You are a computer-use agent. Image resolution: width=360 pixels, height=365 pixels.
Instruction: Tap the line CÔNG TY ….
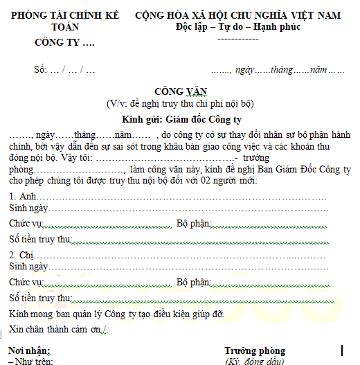[64, 43]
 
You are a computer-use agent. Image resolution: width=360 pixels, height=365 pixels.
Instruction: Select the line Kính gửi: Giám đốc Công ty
[181, 118]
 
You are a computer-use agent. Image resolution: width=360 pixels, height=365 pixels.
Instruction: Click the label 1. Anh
[20, 197]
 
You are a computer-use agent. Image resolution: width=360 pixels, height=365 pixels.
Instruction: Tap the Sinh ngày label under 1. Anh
[28, 208]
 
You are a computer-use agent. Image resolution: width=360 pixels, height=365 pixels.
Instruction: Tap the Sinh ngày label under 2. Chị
[28, 266]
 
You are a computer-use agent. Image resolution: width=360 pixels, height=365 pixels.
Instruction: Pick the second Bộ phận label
[193, 282]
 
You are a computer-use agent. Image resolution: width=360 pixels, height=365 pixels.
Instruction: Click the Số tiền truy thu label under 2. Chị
[41, 298]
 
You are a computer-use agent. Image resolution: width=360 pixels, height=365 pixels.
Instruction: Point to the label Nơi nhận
[30, 351]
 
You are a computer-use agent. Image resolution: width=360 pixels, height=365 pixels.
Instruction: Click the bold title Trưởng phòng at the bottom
[255, 351]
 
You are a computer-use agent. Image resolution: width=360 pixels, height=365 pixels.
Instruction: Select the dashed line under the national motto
[237, 39]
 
